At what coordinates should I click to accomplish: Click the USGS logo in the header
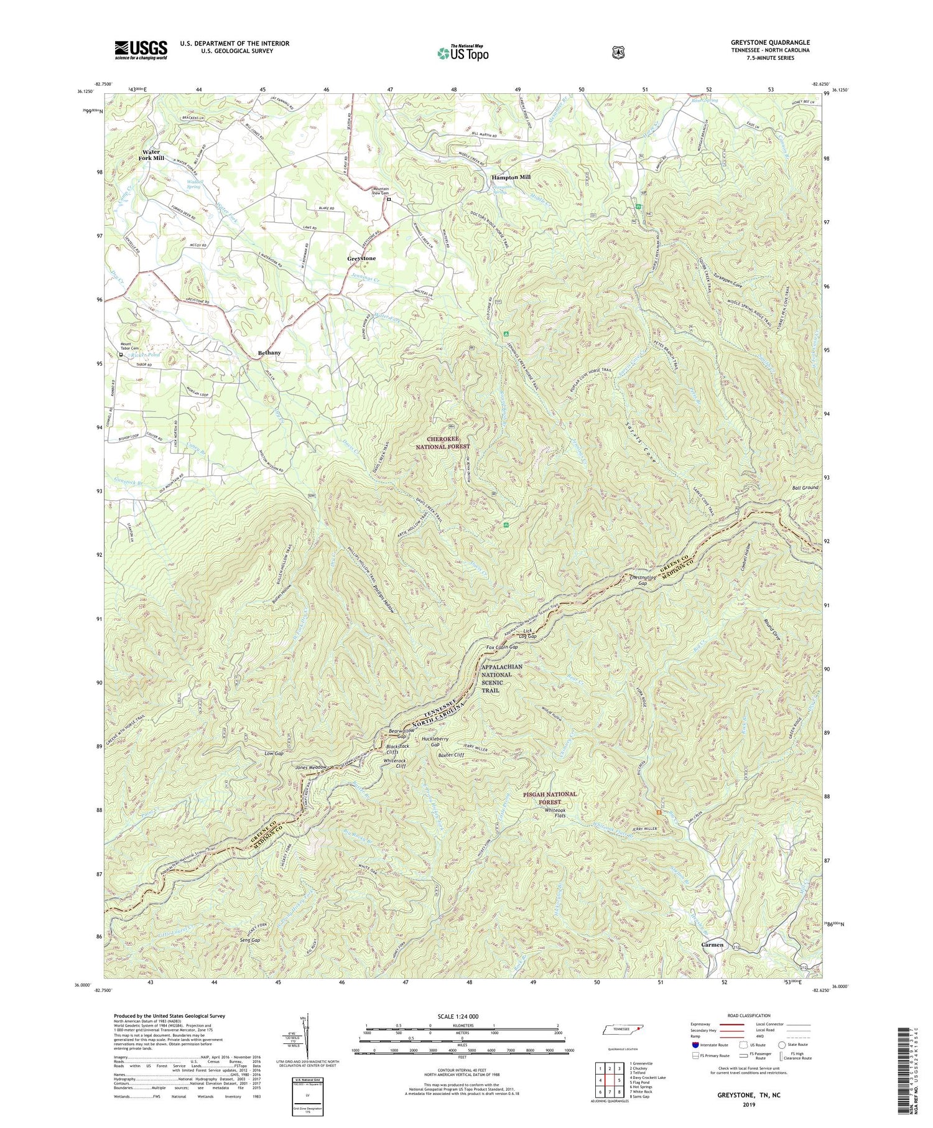[x=141, y=50]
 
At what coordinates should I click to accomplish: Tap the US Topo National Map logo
[x=463, y=53]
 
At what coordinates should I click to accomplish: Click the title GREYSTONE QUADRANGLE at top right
[x=770, y=43]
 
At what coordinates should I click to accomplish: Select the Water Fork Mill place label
[x=151, y=155]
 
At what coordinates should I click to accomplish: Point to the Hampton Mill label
[x=511, y=177]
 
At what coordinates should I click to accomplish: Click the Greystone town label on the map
[x=361, y=258]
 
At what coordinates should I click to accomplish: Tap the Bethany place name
[x=269, y=353]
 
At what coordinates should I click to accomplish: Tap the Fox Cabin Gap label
[x=501, y=647]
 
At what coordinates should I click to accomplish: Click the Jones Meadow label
[x=310, y=768]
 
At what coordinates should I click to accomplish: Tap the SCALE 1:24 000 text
[x=462, y=1017]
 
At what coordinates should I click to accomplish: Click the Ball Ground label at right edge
[x=805, y=488]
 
